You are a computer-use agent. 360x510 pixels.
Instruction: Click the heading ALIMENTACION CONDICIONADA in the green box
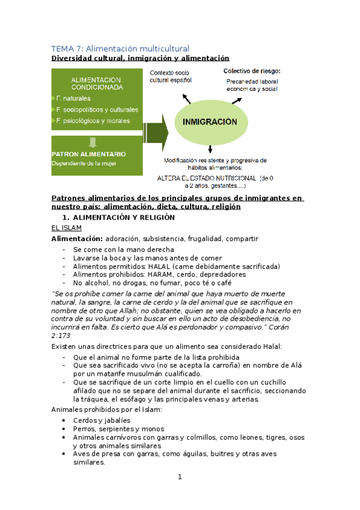click(97, 83)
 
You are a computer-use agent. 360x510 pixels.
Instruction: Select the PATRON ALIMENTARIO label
click(88, 154)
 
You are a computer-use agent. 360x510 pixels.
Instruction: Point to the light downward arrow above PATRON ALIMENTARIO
click(91, 142)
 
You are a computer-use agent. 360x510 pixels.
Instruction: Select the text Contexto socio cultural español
click(171, 76)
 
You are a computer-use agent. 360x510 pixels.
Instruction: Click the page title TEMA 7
click(120, 48)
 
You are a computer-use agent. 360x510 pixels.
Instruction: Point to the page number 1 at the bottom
click(179, 477)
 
